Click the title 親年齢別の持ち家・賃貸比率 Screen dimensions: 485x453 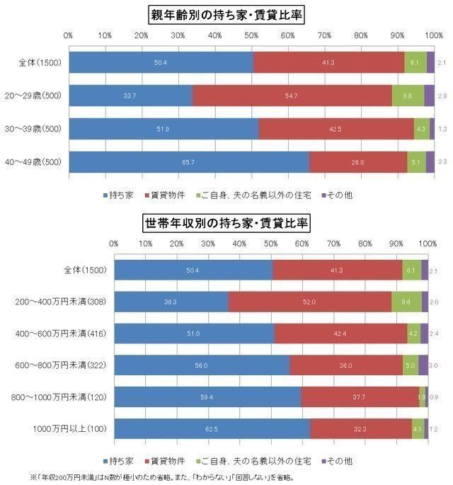click(226, 13)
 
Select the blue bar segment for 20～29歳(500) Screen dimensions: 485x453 click(130, 96)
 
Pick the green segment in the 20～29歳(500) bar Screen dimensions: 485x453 click(408, 96)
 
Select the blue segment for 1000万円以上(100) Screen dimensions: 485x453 click(212, 428)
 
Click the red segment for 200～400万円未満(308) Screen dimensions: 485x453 click(309, 302)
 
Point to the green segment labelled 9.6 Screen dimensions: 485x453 click(406, 302)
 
